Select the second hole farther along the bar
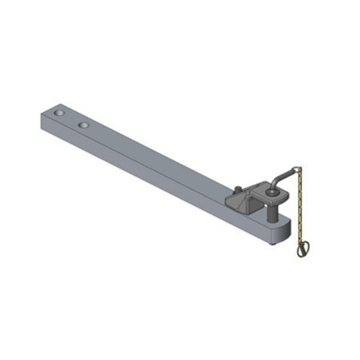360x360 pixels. pos(83,123)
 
